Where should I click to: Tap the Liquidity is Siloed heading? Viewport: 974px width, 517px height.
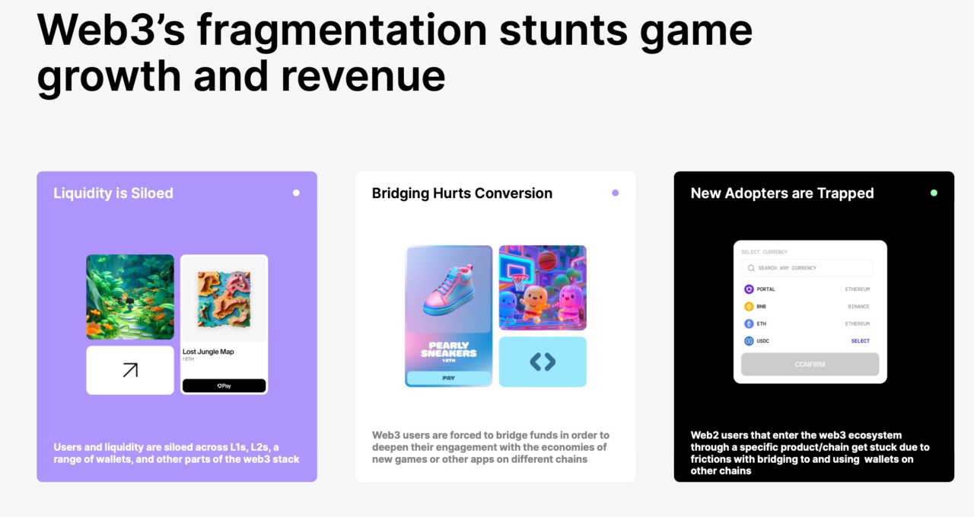click(x=113, y=193)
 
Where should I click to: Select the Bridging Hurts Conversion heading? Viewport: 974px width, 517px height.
click(x=462, y=193)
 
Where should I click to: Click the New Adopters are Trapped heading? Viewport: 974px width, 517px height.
click(x=782, y=193)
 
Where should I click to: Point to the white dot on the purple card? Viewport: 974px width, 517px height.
click(x=296, y=193)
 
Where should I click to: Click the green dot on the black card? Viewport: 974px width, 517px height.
click(x=934, y=193)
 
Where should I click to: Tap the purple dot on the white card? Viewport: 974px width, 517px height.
click(x=615, y=193)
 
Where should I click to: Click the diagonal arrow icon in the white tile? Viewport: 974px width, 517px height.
click(x=130, y=370)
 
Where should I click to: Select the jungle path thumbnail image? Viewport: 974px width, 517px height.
click(x=130, y=297)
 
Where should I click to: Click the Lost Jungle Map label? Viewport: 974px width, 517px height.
click(x=208, y=352)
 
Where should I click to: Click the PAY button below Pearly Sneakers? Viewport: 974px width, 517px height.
click(x=449, y=378)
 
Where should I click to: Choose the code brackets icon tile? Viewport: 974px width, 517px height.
click(x=543, y=362)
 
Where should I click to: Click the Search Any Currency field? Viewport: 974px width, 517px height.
click(x=807, y=268)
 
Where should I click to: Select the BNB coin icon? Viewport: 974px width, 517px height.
click(x=749, y=307)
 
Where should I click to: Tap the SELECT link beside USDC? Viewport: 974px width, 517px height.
click(x=860, y=341)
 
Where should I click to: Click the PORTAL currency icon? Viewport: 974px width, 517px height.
click(x=749, y=289)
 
